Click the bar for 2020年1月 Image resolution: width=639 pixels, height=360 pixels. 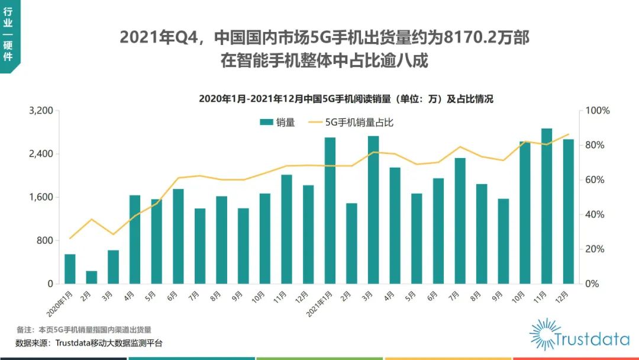70,269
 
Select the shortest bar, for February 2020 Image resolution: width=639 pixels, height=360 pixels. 92,277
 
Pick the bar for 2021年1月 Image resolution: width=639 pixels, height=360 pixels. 330,210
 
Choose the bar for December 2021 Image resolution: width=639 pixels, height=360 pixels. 568,211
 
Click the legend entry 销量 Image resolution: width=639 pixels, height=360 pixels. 278,123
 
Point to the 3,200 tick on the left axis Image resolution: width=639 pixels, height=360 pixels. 41,111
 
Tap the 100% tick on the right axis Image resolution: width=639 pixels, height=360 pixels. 598,111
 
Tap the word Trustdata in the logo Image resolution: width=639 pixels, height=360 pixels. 592,339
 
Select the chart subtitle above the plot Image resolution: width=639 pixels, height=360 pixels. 346,99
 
